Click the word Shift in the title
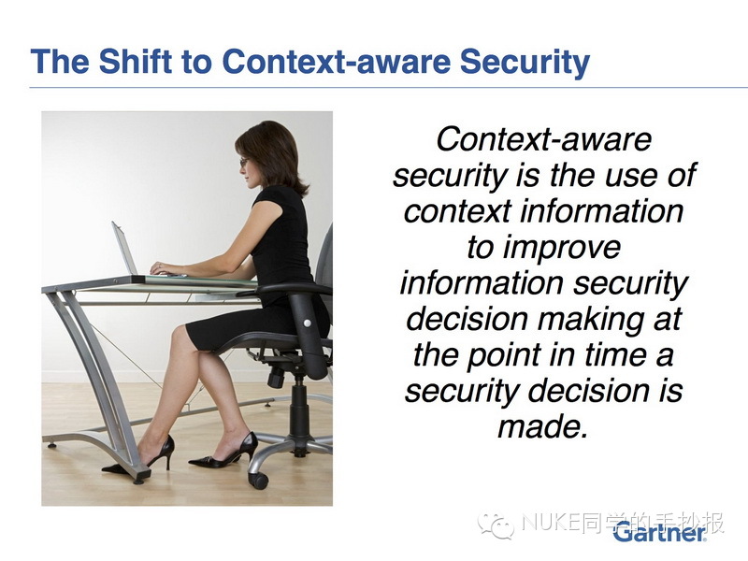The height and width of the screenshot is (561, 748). pyautogui.click(x=136, y=61)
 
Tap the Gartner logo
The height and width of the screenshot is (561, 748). pyautogui.click(x=660, y=532)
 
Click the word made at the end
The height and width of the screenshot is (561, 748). pyautogui.click(x=542, y=426)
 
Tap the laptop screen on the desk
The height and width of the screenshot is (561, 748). pyautogui.click(x=124, y=248)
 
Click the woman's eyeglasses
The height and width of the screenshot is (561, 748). pyautogui.click(x=244, y=163)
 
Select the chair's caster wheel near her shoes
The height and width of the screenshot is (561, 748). pyautogui.click(x=259, y=480)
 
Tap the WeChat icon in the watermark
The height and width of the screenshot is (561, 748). pyautogui.click(x=496, y=525)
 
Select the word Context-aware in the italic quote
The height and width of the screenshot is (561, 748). pyautogui.click(x=543, y=138)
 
